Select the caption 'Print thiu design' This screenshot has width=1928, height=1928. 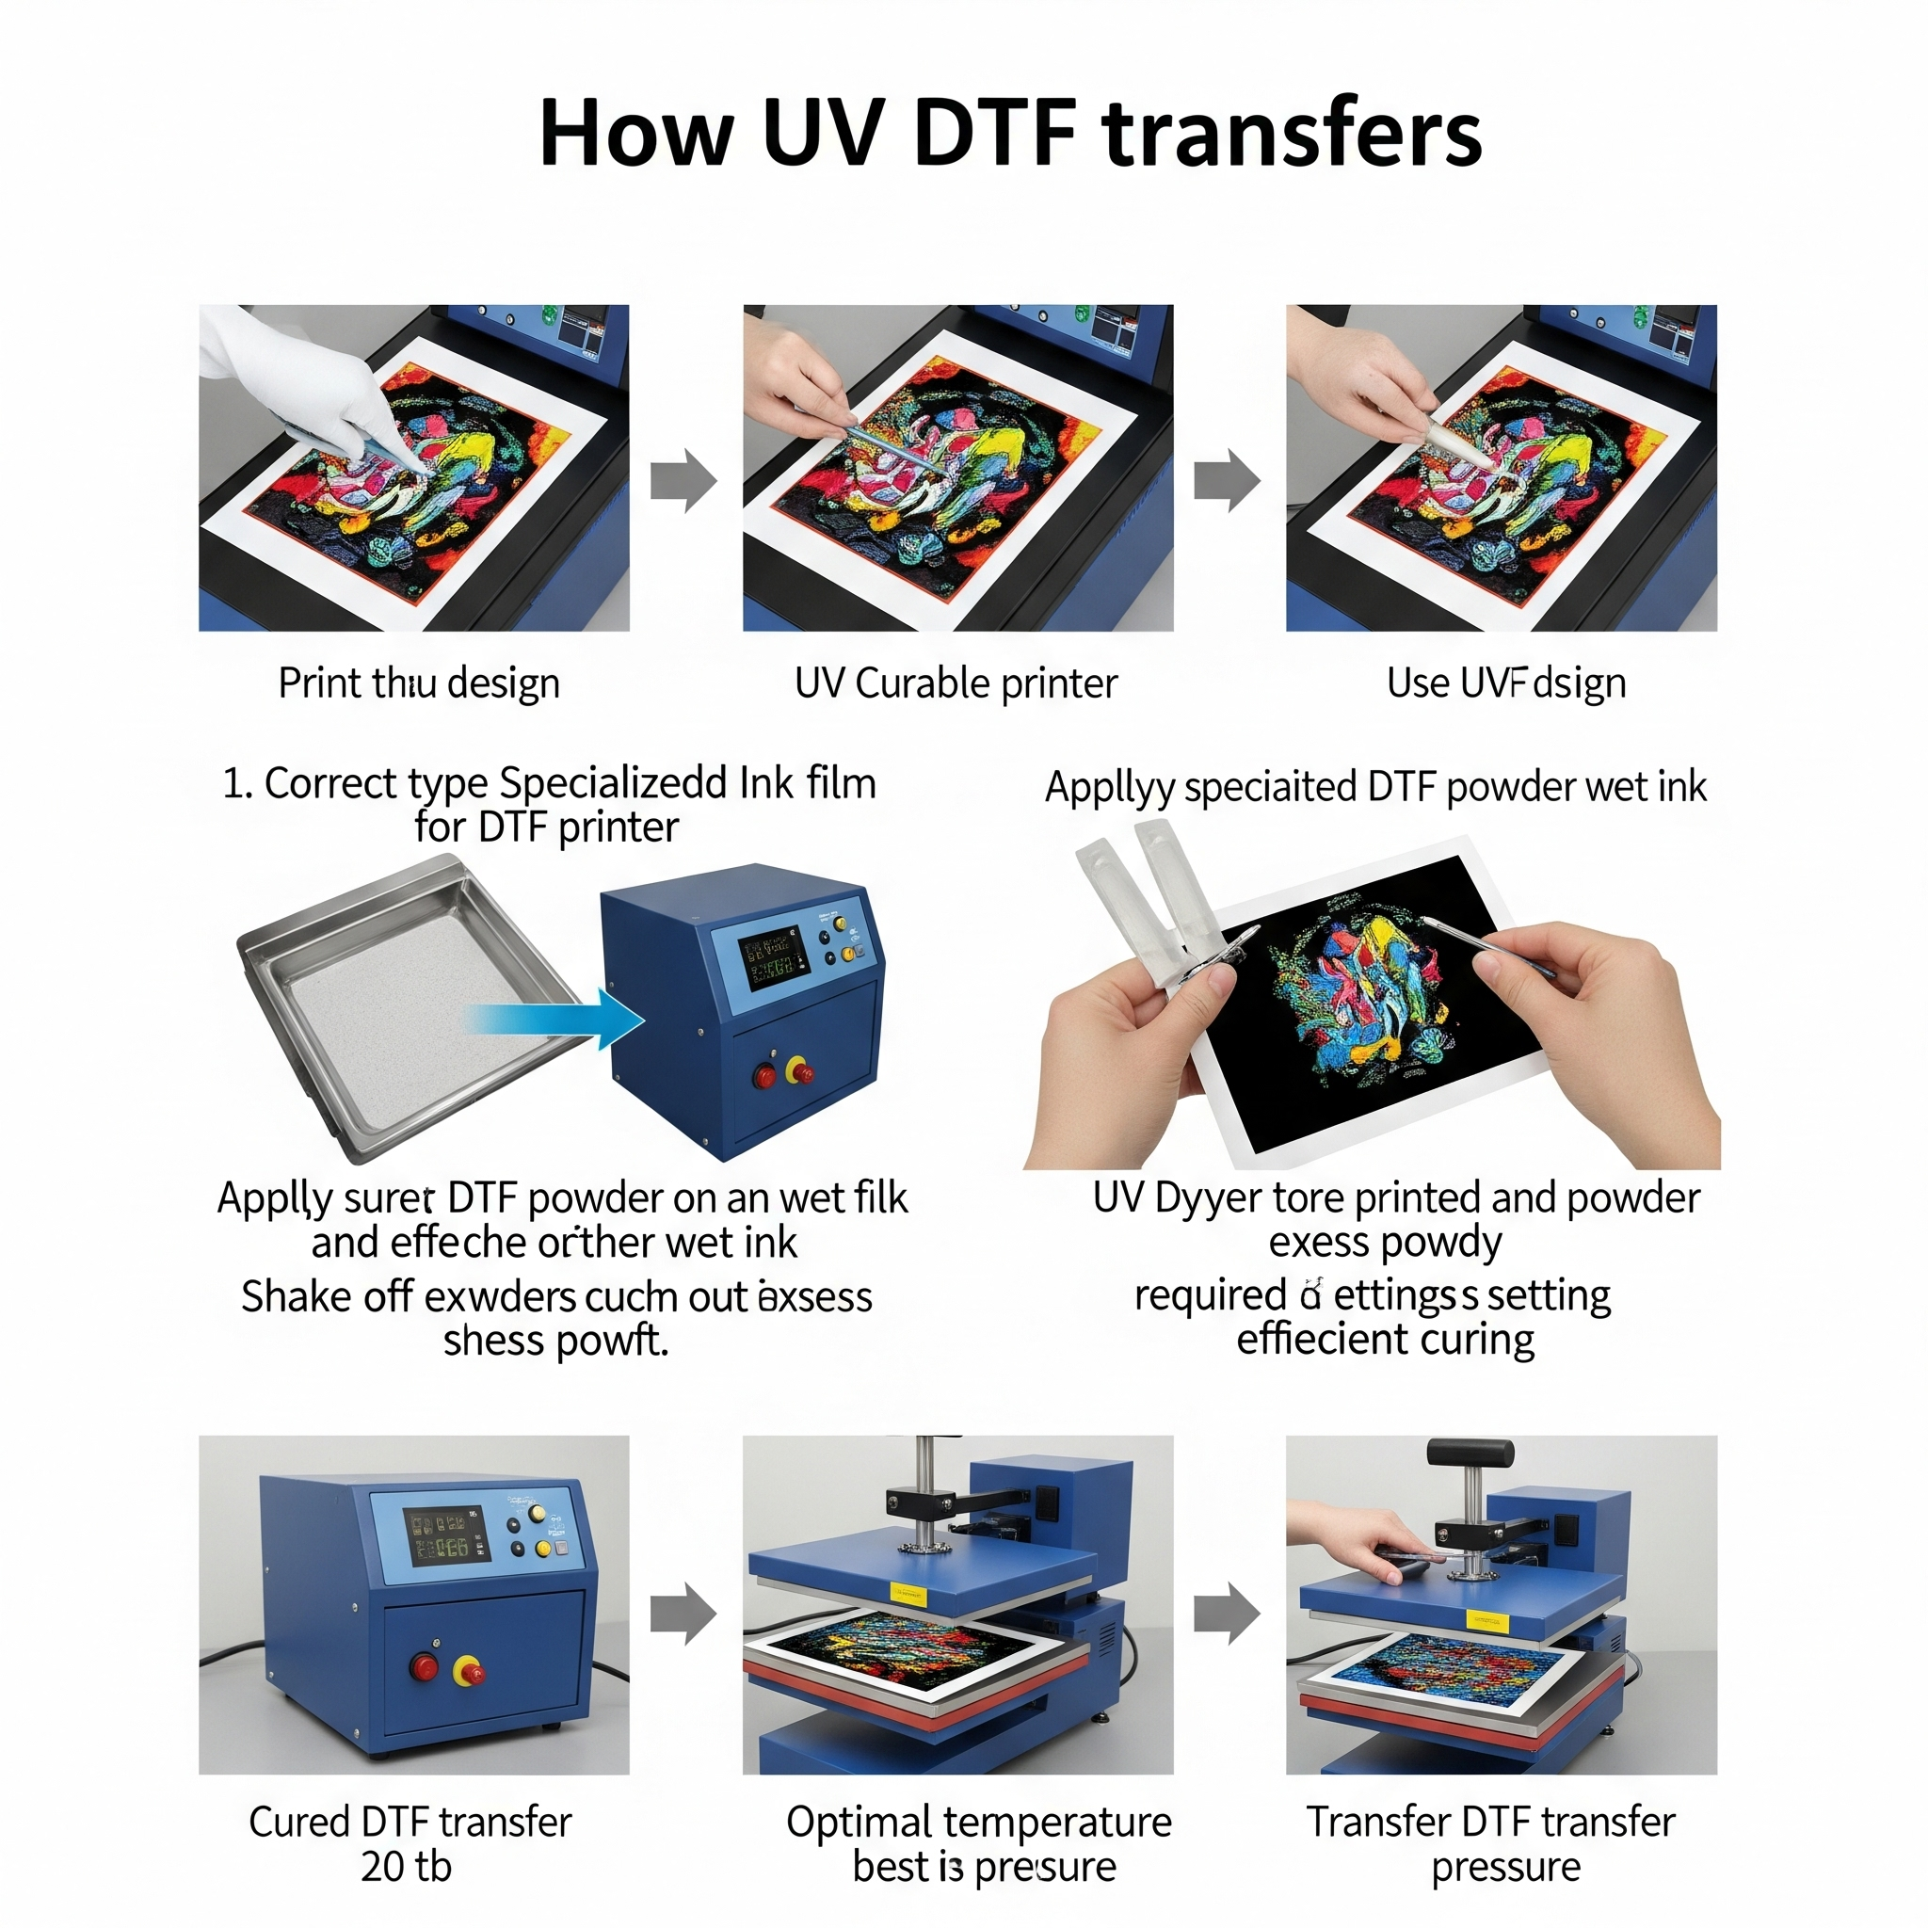(x=418, y=683)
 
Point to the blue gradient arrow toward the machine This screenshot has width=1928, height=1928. (x=559, y=1019)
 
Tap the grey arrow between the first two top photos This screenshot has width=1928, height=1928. (x=683, y=480)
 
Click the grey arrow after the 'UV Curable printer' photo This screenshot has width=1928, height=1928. (x=1227, y=480)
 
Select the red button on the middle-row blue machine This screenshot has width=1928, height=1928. (x=764, y=1076)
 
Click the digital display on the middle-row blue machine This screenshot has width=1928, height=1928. (x=770, y=956)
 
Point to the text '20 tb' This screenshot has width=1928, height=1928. (x=406, y=1866)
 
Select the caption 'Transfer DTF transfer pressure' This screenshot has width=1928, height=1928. (x=1491, y=1843)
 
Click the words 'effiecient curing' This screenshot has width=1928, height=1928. (x=1385, y=1341)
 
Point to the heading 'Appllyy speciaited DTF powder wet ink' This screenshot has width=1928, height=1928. (x=1375, y=787)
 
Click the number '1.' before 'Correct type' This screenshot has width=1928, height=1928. (x=236, y=783)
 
